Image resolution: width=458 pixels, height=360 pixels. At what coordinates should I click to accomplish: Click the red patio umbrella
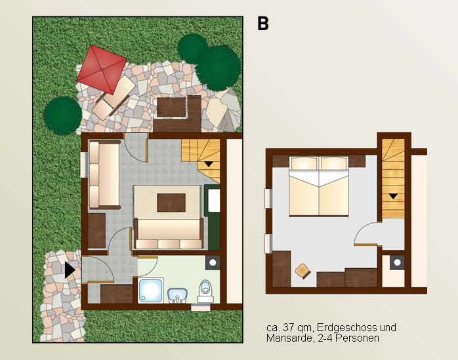coord(102,70)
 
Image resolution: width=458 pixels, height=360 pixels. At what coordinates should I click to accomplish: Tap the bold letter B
coord(263,24)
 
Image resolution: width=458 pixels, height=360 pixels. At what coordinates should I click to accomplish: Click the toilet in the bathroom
coord(205,292)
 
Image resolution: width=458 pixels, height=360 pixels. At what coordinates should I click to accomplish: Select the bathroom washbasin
coord(177,295)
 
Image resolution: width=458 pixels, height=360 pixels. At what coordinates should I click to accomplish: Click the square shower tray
coord(150,290)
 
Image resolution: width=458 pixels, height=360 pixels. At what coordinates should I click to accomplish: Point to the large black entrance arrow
coord(70,270)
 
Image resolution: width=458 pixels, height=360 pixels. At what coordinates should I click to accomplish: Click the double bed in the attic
coord(319,186)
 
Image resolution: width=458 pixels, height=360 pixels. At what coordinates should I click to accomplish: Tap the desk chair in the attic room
coord(302,271)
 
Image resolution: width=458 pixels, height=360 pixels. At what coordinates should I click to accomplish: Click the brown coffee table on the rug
coord(171,203)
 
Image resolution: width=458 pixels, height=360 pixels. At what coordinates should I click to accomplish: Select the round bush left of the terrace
coord(62,115)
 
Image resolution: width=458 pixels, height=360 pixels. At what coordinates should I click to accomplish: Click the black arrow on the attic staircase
coord(393,196)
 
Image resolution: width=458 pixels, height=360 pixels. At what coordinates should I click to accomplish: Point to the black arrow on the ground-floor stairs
coord(209,164)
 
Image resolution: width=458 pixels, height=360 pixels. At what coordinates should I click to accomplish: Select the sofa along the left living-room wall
coord(104,175)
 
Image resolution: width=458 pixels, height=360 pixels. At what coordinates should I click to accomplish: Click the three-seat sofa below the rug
coord(169,233)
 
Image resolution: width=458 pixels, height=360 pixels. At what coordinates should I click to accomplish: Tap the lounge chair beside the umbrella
coord(114,98)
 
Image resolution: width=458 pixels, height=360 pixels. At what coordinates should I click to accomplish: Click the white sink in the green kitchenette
coord(214,200)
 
